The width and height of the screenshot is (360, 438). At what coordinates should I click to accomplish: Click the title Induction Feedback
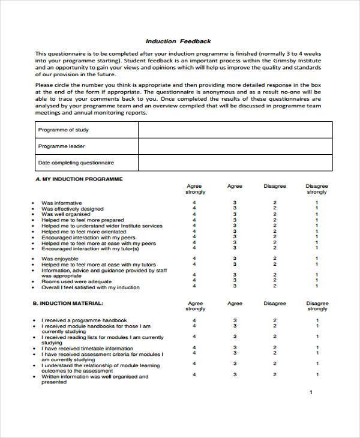pos(178,41)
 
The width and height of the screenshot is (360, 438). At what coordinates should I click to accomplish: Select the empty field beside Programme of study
pos(235,130)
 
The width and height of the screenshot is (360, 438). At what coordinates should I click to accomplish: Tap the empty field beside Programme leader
pos(235,146)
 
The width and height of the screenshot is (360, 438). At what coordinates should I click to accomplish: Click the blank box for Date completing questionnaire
pos(235,163)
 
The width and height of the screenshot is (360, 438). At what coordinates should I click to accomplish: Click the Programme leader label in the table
pos(62,146)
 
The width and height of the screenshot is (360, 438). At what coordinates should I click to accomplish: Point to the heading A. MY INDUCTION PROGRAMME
pos(79,179)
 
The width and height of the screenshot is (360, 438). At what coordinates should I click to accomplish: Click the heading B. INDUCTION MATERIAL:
pos(69,304)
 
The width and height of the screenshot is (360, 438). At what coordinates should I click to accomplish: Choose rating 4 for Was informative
pos(194,203)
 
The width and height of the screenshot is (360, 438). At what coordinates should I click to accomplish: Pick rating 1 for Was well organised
pos(317,214)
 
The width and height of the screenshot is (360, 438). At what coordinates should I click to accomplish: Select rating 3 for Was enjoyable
pos(235,259)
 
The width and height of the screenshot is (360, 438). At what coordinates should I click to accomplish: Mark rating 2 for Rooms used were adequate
pos(275,281)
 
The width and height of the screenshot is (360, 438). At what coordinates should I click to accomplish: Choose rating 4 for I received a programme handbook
pos(194,321)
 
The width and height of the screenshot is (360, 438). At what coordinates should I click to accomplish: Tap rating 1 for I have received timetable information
pos(317,348)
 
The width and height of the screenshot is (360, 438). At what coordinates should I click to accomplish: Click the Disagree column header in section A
pos(275,187)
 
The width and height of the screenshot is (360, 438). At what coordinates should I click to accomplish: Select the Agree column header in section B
pos(235,304)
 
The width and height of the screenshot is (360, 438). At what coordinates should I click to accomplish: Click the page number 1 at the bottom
pos(310,392)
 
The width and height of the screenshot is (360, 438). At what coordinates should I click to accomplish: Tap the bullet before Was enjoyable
pos(32,259)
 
